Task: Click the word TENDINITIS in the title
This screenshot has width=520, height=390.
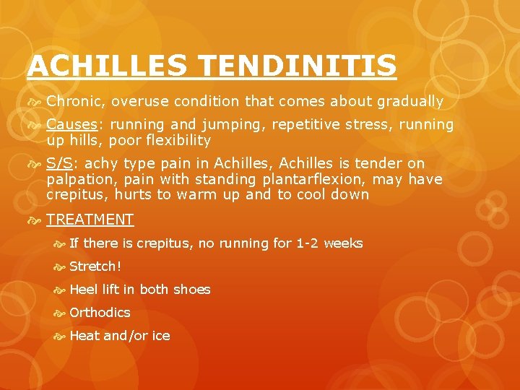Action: pos(298,66)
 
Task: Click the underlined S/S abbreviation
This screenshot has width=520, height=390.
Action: pos(60,163)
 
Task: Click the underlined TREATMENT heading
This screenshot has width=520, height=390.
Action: pos(90,220)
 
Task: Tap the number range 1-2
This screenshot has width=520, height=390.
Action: pos(307,243)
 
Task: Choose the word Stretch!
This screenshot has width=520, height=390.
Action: pos(95,266)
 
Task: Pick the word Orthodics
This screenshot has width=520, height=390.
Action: pos(100,313)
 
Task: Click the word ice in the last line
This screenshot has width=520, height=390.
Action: pos(161,336)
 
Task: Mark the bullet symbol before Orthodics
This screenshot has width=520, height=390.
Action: pos(59,313)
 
